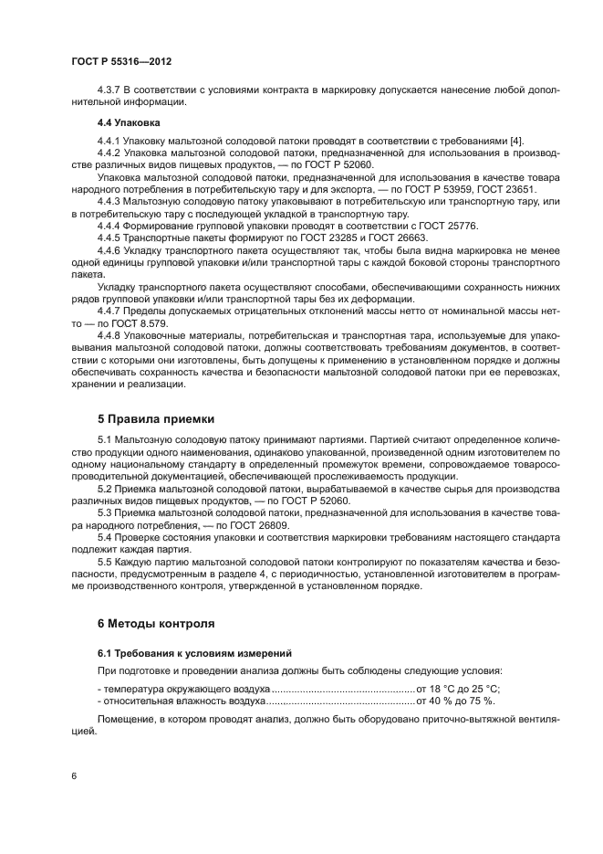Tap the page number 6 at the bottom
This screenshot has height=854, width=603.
72,775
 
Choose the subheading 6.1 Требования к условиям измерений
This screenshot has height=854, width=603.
194,654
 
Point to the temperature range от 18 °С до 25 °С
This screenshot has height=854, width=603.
458,688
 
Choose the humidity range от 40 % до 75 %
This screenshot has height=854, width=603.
455,700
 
